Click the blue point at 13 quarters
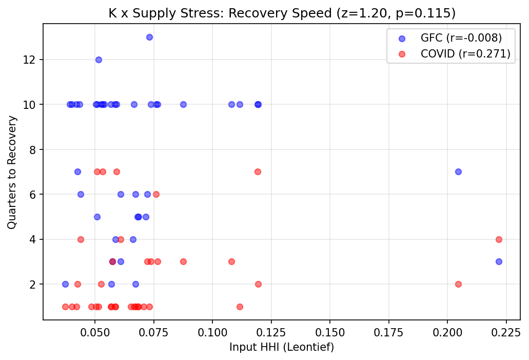[x=149, y=37]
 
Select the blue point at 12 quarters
[x=99, y=60]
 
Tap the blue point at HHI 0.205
[x=458, y=172]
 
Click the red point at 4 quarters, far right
[x=499, y=239]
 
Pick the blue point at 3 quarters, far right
[x=499, y=261]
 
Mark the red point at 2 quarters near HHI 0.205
[x=458, y=284]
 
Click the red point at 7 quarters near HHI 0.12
[x=258, y=172]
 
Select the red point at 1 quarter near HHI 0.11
[x=240, y=307]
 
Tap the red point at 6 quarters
[x=156, y=194]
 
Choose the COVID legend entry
[x=446, y=54]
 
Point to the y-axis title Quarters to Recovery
[x=12, y=172]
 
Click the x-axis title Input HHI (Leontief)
[x=282, y=348]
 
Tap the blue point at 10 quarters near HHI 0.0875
[x=183, y=104]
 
